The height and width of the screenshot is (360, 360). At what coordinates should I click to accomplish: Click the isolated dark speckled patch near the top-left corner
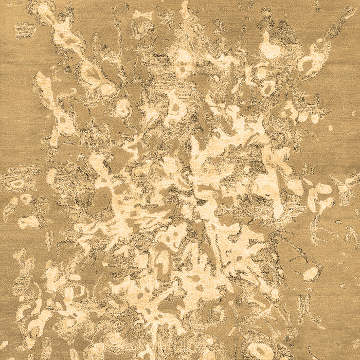click(x=23, y=30)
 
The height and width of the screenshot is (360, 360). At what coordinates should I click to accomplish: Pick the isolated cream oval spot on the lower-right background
click(x=311, y=273)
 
